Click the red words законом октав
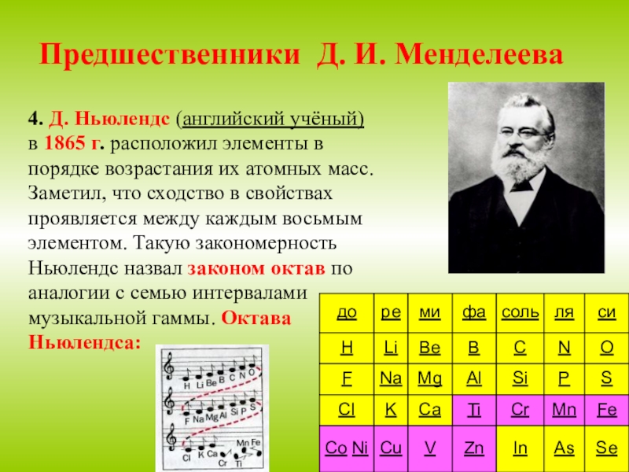[x=256, y=267]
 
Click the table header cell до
[x=346, y=313]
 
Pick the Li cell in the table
[x=390, y=345]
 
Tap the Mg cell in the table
[x=429, y=378]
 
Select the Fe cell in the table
[x=606, y=410]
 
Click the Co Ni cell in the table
[x=346, y=448]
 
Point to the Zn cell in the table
[x=474, y=448]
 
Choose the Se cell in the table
[x=606, y=448]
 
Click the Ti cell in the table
[x=474, y=410]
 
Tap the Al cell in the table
[x=474, y=378]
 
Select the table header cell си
[x=606, y=313]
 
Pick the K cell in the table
[x=390, y=410]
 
